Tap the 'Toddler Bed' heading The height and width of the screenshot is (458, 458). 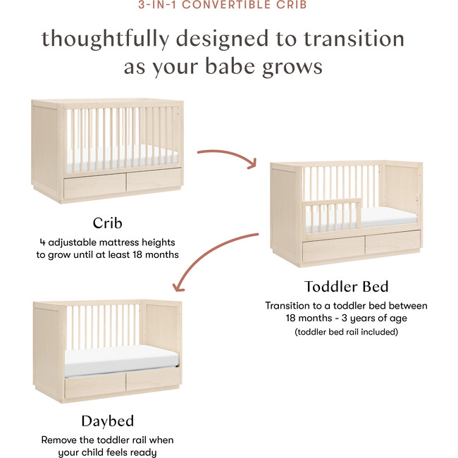pyautogui.click(x=345, y=287)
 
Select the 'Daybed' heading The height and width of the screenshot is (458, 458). pyautogui.click(x=107, y=421)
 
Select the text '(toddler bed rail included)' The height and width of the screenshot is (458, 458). pyautogui.click(x=346, y=331)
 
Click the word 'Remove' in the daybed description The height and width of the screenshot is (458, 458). pyautogui.click(x=59, y=440)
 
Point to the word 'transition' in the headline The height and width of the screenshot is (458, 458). pyautogui.click(x=357, y=38)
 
